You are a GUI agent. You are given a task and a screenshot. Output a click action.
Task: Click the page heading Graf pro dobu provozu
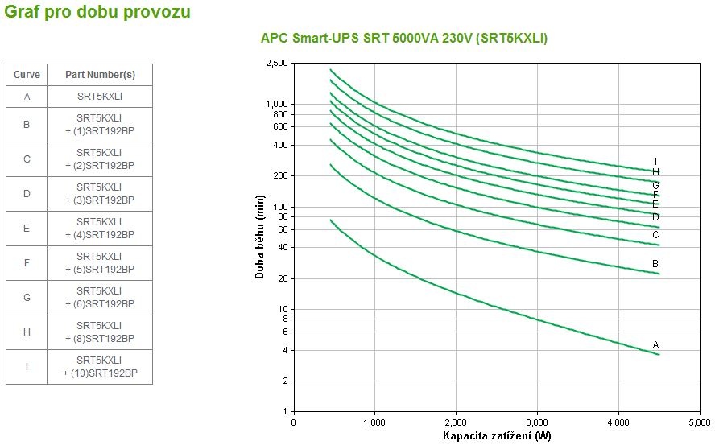pos(97,13)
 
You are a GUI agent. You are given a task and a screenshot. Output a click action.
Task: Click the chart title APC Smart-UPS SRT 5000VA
pos(403,38)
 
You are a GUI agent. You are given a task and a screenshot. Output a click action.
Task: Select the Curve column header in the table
pos(27,74)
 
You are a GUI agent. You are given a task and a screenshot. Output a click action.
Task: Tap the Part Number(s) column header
pos(100,74)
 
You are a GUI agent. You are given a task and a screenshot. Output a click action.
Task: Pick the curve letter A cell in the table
pos(27,97)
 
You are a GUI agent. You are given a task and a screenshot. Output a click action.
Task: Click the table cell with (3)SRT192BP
pos(100,194)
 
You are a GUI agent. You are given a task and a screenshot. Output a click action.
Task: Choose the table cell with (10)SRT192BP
pos(100,367)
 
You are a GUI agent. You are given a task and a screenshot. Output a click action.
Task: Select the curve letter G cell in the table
pos(27,298)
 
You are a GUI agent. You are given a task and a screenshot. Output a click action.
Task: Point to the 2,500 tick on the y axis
pos(276,63)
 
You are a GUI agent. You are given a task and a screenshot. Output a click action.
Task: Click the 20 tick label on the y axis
pos(282,278)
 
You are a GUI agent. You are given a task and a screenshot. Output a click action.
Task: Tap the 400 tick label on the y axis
pos(279,145)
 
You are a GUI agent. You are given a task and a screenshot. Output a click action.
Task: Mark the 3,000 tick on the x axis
pos(537,422)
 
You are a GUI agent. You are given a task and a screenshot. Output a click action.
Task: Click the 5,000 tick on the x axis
pos(700,422)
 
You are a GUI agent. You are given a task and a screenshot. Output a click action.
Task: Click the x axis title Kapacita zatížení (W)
pos(497,436)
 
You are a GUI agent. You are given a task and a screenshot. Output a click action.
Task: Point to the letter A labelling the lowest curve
pos(655,345)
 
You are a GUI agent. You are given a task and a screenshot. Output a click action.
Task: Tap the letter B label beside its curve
pos(655,264)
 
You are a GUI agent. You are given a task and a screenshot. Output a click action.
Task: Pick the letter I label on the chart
pos(655,162)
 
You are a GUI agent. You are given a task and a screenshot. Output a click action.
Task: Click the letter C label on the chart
pos(655,235)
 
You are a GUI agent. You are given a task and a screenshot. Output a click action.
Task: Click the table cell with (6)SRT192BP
pos(100,298)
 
